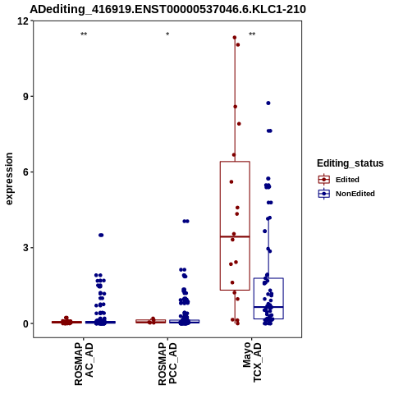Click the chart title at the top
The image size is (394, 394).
[167, 9]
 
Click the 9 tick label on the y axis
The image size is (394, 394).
[26, 96]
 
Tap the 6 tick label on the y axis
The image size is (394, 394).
[26, 172]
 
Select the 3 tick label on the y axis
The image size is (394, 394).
[26, 248]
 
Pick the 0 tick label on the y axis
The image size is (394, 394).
[26, 323]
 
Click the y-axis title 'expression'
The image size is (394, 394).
[9, 179]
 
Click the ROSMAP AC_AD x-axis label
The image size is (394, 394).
[84, 364]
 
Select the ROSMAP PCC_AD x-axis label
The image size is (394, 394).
[167, 364]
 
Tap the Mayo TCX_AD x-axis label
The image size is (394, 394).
[252, 362]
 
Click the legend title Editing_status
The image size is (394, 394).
[350, 163]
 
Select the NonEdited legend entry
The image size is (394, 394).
[346, 194]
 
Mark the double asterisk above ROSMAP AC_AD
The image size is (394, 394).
[84, 34]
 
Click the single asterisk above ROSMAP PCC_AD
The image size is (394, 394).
[167, 34]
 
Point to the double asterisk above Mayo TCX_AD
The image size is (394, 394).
[252, 34]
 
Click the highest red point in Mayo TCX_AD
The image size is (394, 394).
[235, 38]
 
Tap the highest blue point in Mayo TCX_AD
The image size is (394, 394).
[268, 103]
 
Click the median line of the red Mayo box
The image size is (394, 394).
[235, 236]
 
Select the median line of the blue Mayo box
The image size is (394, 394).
[268, 307]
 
